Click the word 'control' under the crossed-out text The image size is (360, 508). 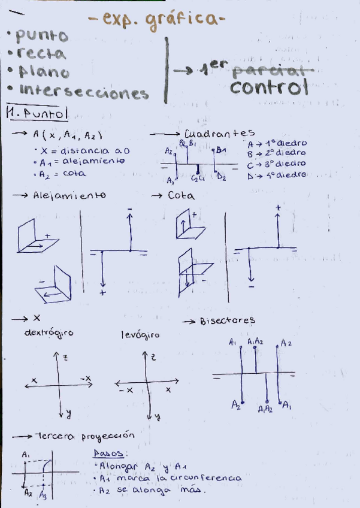coord(268,88)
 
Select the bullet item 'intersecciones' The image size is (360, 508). coord(84,92)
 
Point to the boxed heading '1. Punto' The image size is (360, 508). coord(37,112)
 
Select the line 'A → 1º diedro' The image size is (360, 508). coord(277,144)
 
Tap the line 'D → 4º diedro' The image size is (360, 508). coord(277,175)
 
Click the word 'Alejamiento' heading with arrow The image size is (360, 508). coord(69,196)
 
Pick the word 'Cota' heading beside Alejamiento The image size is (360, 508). coord(181,196)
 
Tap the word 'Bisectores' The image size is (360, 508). coord(227,320)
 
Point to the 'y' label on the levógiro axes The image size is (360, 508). coord(157,415)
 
